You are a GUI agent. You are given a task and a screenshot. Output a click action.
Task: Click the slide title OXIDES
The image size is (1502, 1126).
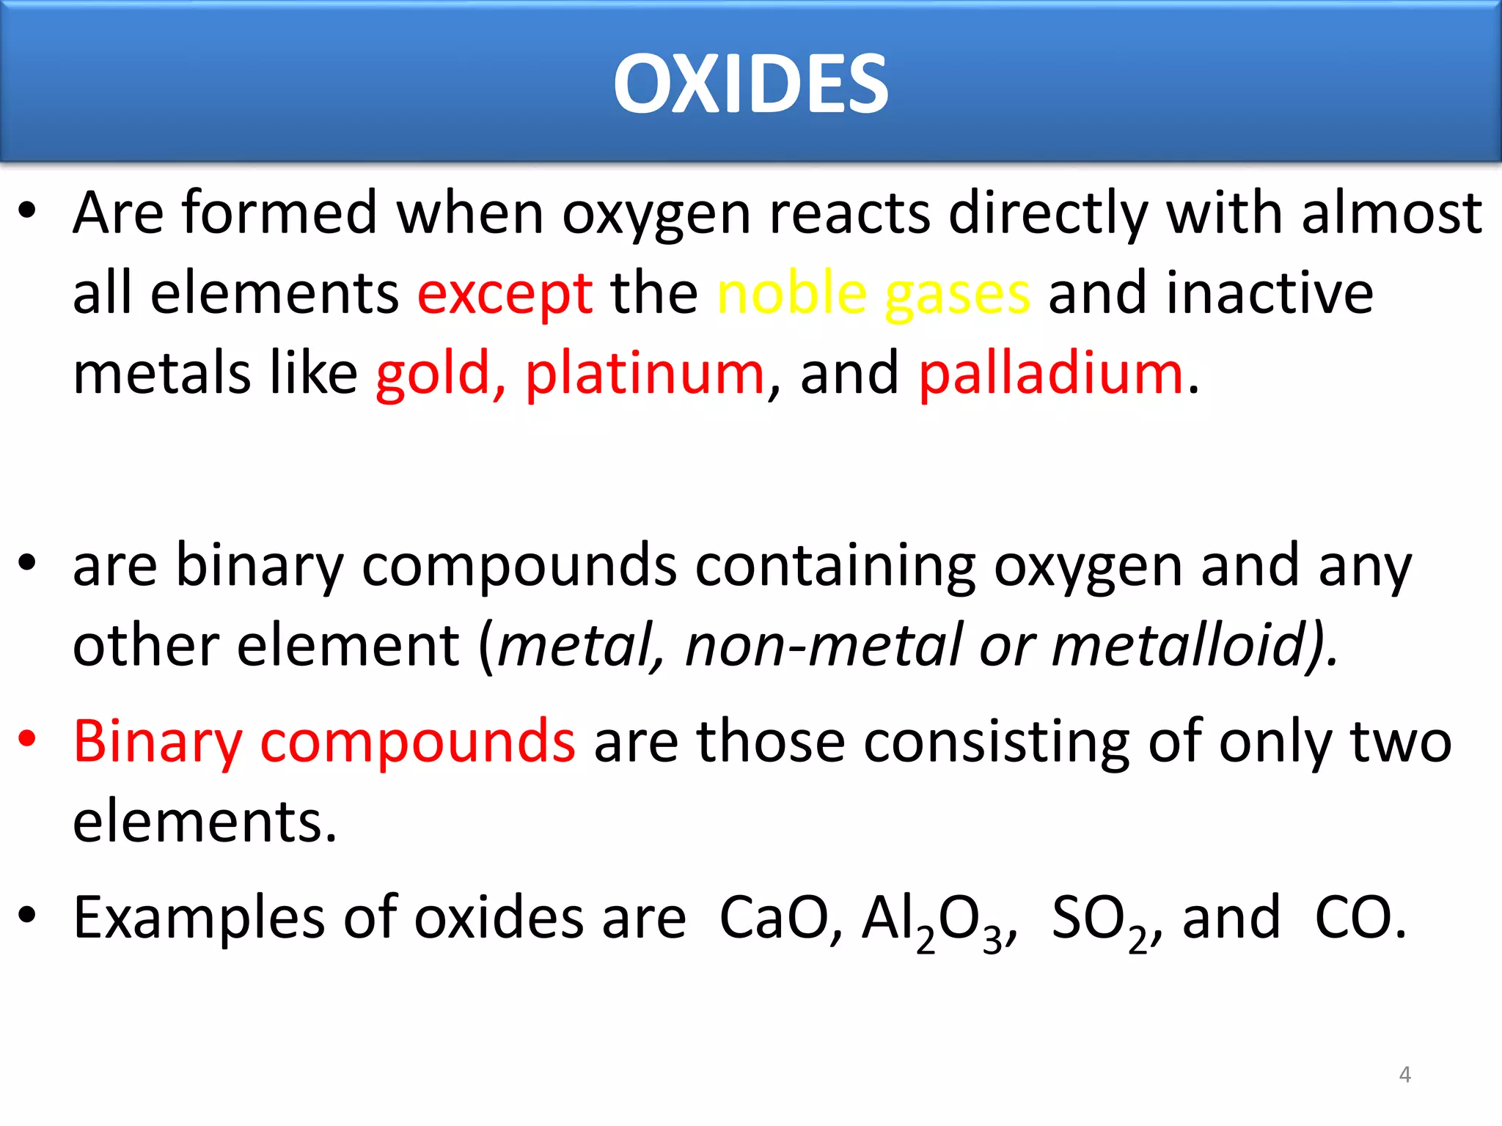[751, 84]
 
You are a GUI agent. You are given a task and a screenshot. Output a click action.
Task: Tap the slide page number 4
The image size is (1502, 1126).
[1404, 1075]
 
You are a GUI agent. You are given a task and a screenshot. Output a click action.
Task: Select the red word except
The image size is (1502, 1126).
[505, 293]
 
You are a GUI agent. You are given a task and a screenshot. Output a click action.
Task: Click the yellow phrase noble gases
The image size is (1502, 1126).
[873, 293]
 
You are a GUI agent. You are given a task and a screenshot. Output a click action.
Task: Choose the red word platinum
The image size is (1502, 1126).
[645, 373]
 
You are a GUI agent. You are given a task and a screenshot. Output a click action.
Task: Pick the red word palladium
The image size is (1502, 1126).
[1051, 373]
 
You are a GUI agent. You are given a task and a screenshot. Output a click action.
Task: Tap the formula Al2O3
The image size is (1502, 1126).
[935, 920]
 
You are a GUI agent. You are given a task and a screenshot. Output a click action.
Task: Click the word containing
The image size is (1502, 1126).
[835, 565]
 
